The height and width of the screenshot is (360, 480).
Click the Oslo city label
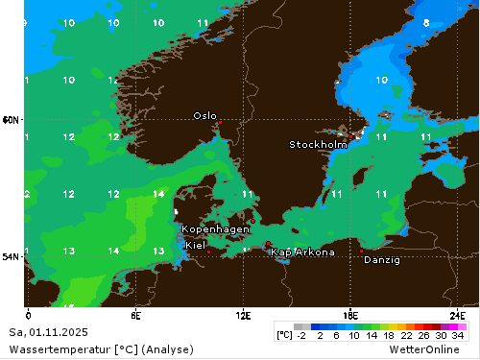[204, 115]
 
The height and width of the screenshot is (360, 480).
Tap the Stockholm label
[318, 145]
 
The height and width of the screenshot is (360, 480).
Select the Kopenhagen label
[216, 229]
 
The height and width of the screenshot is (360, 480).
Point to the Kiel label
[195, 246]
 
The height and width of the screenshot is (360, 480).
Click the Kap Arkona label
[302, 252]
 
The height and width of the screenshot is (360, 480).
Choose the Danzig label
[382, 259]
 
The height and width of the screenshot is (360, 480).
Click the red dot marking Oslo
[220, 123]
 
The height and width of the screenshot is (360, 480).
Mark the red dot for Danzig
[361, 251]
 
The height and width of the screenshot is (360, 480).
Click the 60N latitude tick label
[11, 120]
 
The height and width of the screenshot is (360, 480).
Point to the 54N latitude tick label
[11, 256]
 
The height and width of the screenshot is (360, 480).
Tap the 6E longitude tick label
[136, 315]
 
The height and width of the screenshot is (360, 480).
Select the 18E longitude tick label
[351, 315]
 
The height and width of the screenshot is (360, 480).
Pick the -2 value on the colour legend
[300, 335]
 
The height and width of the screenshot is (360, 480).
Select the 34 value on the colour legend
[458, 335]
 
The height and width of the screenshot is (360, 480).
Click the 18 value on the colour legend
[389, 335]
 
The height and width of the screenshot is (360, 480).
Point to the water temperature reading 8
[425, 22]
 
